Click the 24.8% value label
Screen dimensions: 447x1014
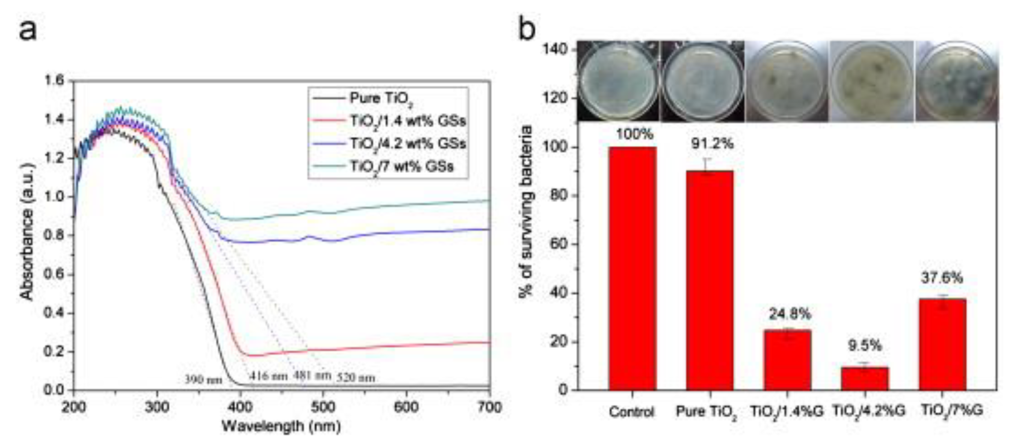tap(790, 314)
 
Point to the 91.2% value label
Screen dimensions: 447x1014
tap(712, 144)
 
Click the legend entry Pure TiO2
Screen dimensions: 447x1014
tap(381, 98)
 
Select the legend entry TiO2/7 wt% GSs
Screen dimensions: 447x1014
tap(401, 167)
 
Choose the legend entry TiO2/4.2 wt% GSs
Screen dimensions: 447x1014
tap(408, 144)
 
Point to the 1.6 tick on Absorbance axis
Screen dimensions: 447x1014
tap(54, 81)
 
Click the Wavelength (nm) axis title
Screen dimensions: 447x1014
tap(281, 427)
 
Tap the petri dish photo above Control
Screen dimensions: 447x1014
tap(619, 81)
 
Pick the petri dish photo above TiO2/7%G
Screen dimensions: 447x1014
tap(956, 81)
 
